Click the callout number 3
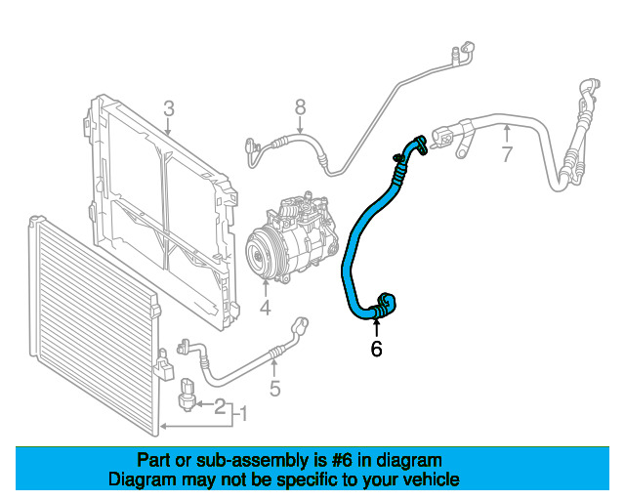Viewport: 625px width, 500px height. click(x=168, y=107)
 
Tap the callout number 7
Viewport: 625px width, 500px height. click(x=506, y=153)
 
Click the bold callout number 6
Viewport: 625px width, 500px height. click(x=376, y=349)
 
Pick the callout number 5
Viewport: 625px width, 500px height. click(x=275, y=389)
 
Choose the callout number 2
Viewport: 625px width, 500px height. click(x=220, y=405)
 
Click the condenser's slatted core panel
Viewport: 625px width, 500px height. click(x=88, y=322)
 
